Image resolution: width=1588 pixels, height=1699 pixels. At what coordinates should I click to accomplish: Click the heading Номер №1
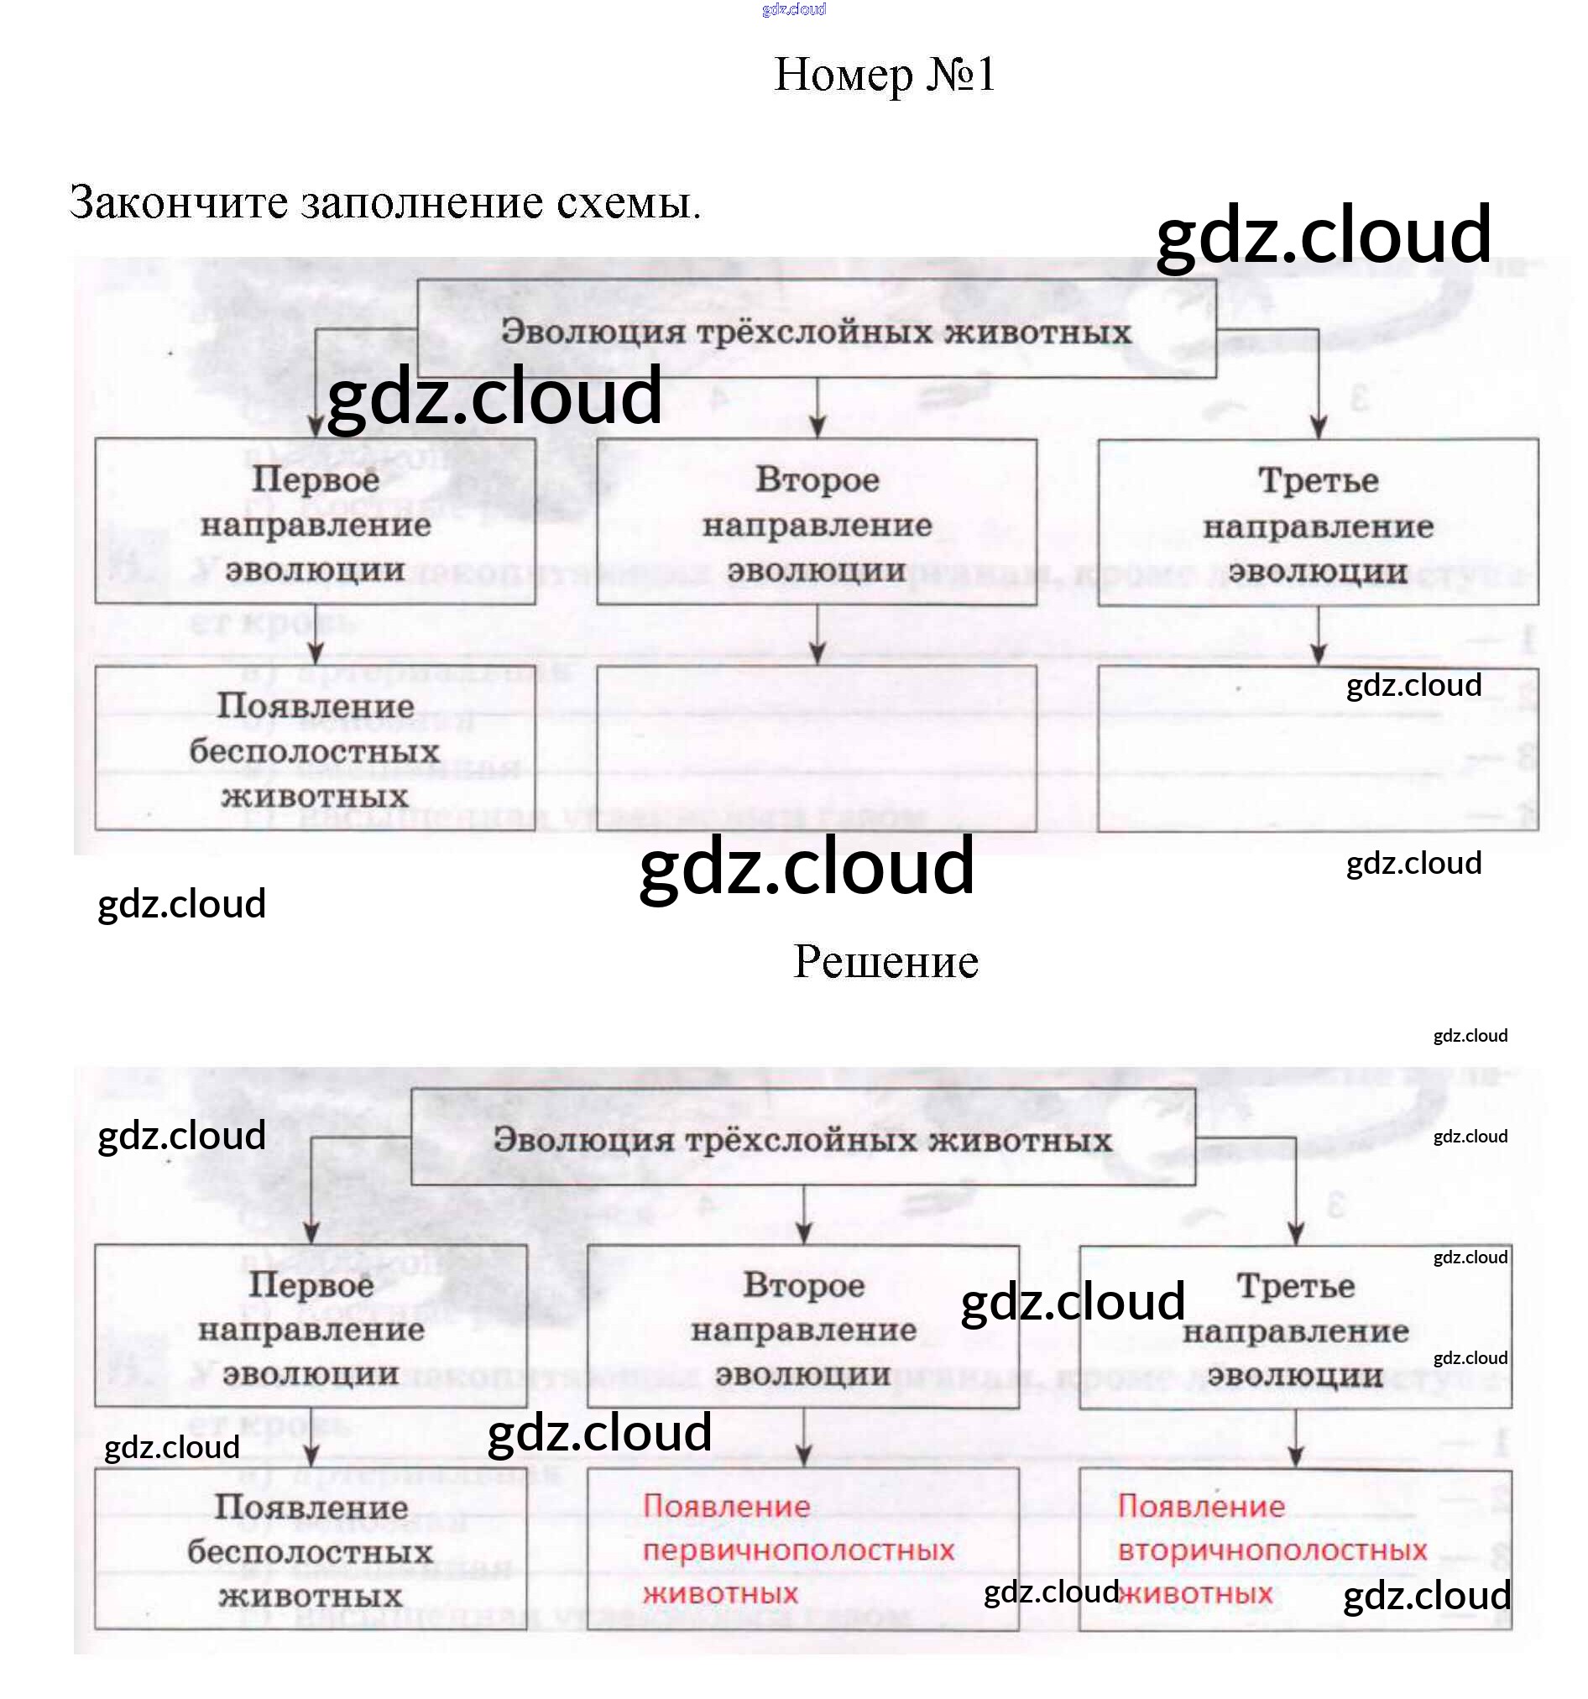(884, 75)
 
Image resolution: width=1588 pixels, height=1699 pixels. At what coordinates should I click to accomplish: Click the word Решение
(885, 961)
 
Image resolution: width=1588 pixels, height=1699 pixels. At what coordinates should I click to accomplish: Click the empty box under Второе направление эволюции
(816, 748)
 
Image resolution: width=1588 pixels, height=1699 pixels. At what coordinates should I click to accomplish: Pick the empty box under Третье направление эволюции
(1317, 750)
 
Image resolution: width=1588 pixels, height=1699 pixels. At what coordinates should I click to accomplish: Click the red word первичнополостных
(797, 1550)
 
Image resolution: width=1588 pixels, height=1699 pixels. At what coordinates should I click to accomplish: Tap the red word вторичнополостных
(1272, 1550)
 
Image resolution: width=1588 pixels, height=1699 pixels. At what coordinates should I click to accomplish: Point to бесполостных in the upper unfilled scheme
(315, 752)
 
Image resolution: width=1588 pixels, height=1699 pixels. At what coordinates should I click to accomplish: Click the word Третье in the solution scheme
(1295, 1286)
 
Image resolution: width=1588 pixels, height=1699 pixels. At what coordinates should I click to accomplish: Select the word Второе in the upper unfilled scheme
(817, 480)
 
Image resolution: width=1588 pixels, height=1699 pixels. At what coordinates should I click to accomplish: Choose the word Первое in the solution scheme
(311, 1284)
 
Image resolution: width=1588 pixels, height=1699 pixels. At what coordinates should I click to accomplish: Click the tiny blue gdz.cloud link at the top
(793, 9)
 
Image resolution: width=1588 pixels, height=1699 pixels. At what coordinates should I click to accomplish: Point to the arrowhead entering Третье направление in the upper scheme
(1318, 427)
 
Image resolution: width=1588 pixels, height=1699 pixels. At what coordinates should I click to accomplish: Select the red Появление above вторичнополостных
(1201, 1506)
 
